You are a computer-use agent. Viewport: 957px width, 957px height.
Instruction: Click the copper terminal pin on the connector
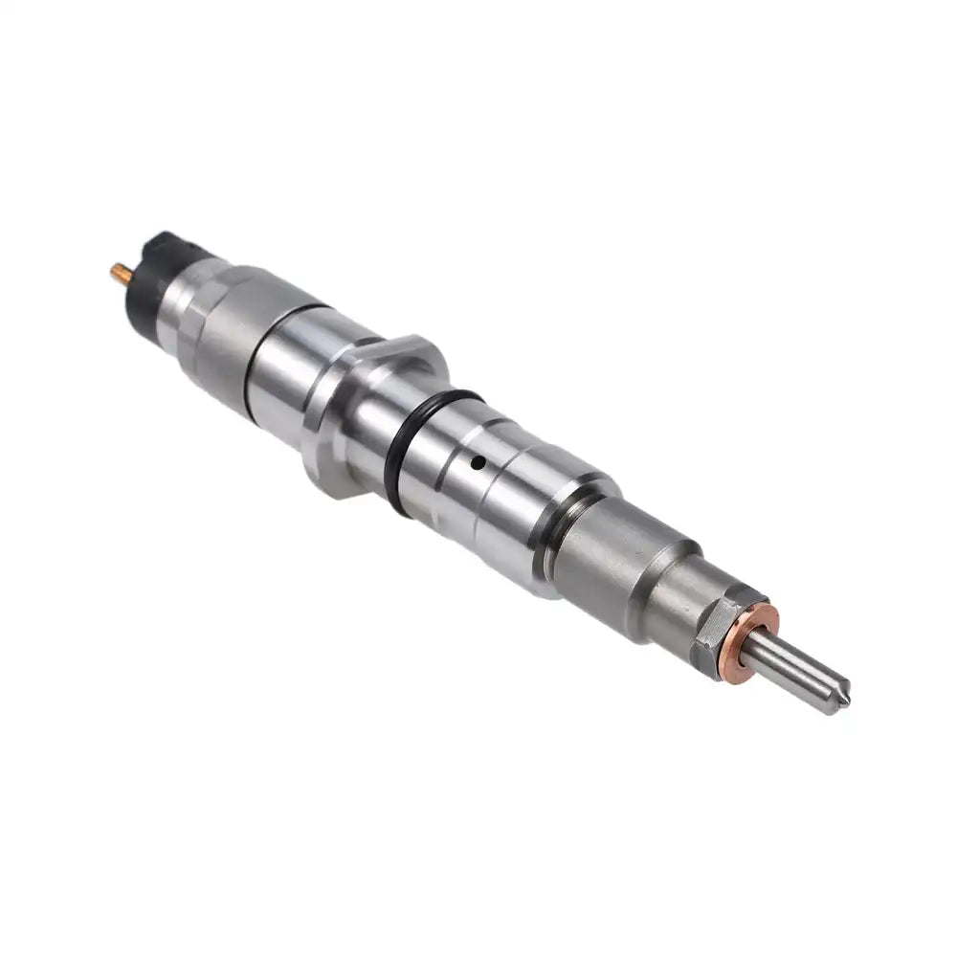click(x=120, y=274)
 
